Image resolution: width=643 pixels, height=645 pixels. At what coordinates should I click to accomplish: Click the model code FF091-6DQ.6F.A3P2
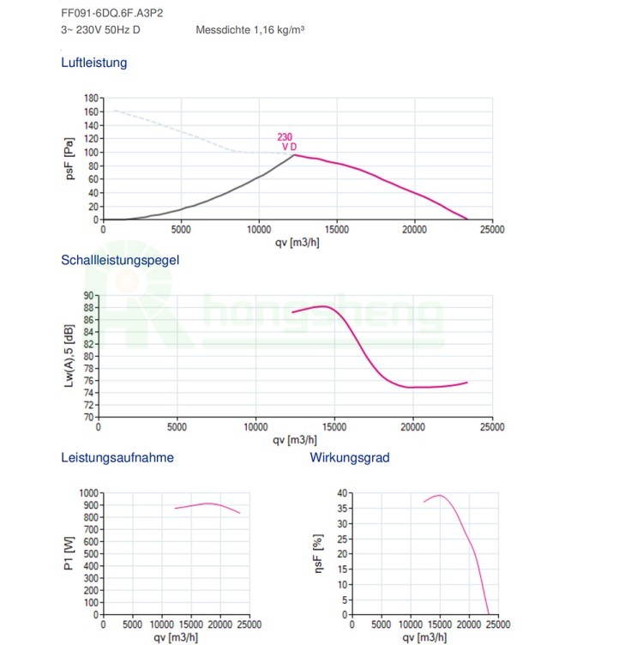(x=111, y=13)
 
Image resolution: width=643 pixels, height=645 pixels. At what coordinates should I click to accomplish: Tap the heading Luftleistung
(x=93, y=63)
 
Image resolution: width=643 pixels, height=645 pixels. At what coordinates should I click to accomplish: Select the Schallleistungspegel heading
(x=120, y=260)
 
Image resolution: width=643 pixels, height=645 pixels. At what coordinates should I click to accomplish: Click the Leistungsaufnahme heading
(x=117, y=457)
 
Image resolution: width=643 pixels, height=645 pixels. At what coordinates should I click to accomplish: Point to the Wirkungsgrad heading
(x=350, y=457)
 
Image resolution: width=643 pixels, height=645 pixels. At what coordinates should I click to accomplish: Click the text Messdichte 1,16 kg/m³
(x=250, y=29)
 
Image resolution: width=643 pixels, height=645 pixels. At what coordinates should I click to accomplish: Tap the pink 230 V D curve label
(x=286, y=142)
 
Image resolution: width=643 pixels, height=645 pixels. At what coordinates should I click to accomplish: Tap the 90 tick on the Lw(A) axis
(x=88, y=295)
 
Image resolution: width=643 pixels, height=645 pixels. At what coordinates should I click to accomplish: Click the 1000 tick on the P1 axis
(x=88, y=493)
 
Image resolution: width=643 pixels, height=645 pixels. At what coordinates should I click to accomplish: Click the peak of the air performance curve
(x=295, y=154)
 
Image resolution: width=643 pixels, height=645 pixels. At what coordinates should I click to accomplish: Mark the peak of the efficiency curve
(x=440, y=495)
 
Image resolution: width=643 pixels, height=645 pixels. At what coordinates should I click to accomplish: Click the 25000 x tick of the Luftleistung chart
(x=492, y=229)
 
